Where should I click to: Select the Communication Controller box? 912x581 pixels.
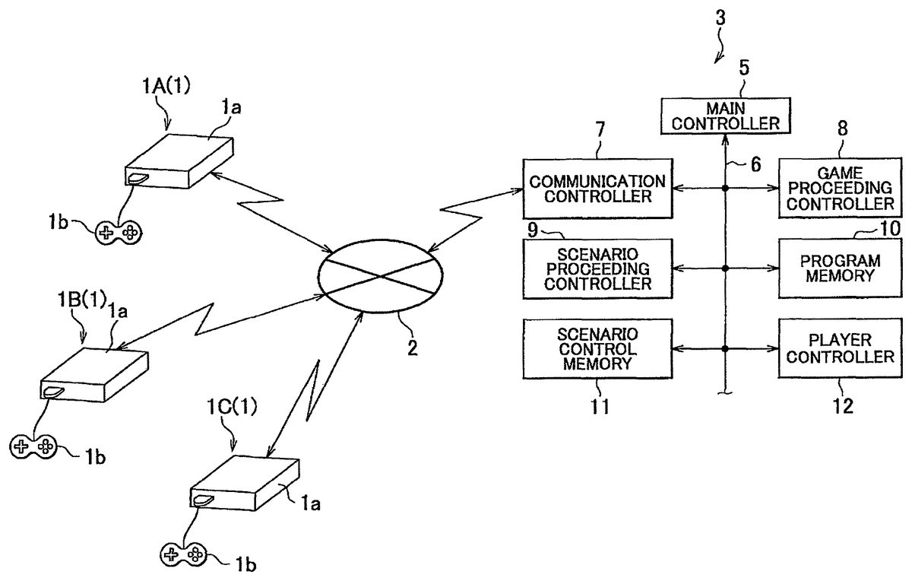pos(597,189)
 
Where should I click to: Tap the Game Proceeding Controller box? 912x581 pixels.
pos(837,189)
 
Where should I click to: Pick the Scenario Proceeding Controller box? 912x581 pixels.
pos(597,268)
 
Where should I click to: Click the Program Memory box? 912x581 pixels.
pos(837,268)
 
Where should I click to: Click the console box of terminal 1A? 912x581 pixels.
pos(179,161)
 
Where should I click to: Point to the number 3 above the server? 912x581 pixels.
pos(720,18)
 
